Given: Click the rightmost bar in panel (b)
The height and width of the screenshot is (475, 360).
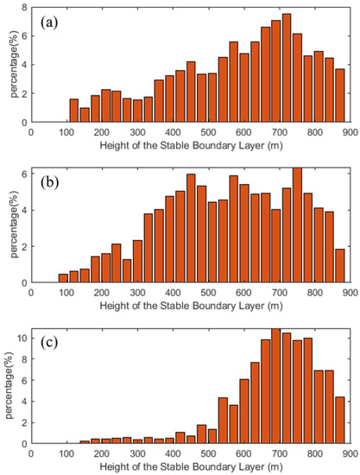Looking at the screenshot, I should click(339, 266).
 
